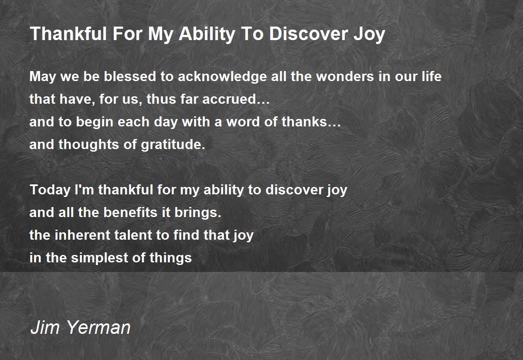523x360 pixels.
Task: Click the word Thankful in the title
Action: [x=68, y=34]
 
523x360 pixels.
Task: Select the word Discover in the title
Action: [x=309, y=34]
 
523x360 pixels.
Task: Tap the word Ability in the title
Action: [x=207, y=34]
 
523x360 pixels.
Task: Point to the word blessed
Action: [x=130, y=76]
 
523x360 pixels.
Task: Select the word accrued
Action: [x=236, y=99]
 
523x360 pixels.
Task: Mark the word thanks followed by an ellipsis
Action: [x=311, y=122]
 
